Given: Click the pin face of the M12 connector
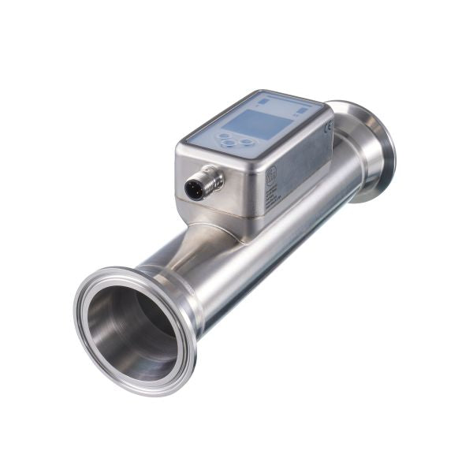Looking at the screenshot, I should (x=193, y=189).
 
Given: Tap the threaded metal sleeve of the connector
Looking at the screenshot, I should (x=209, y=181).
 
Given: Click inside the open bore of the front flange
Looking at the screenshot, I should (x=130, y=331).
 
